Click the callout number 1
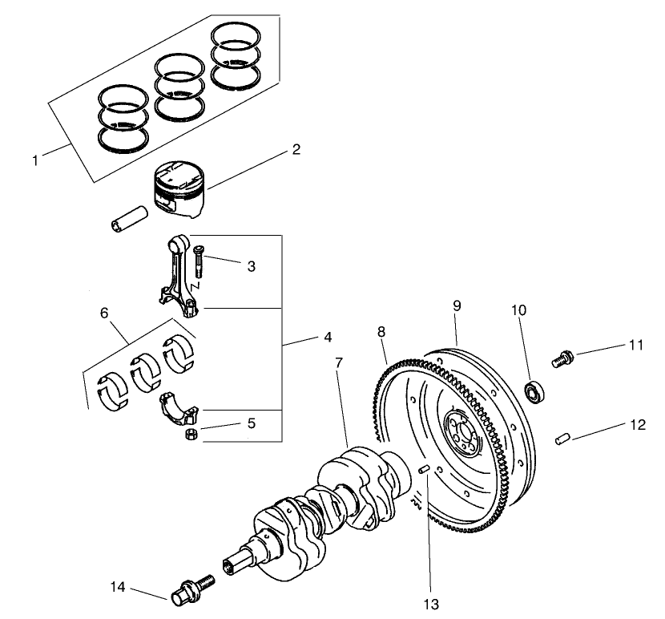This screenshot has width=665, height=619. click(x=36, y=160)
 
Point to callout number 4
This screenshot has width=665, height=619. click(x=327, y=338)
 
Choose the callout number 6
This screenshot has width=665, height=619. click(x=104, y=314)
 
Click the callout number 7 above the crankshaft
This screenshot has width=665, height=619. click(x=340, y=362)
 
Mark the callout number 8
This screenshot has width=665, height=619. click(x=381, y=330)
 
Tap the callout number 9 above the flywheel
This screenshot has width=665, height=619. click(x=457, y=305)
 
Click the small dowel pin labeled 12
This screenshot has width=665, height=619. click(x=563, y=438)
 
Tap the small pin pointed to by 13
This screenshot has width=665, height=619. click(x=425, y=469)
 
